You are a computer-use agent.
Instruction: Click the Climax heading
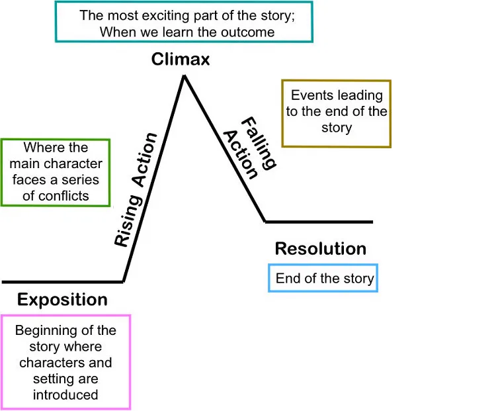[181, 60]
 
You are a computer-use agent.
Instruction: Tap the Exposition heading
[62, 299]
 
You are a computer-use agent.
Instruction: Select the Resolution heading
[320, 249]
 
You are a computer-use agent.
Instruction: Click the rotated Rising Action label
[136, 190]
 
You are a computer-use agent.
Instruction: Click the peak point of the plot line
[184, 76]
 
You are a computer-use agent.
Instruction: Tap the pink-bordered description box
[65, 361]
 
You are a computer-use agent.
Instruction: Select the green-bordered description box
[56, 172]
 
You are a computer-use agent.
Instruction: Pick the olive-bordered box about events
[336, 113]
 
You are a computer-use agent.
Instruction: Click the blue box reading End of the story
[324, 279]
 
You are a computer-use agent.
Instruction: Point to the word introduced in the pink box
[65, 395]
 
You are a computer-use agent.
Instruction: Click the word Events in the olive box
[312, 96]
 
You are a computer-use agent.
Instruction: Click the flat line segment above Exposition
[62, 281]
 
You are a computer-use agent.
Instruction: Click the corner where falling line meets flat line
[265, 222]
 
